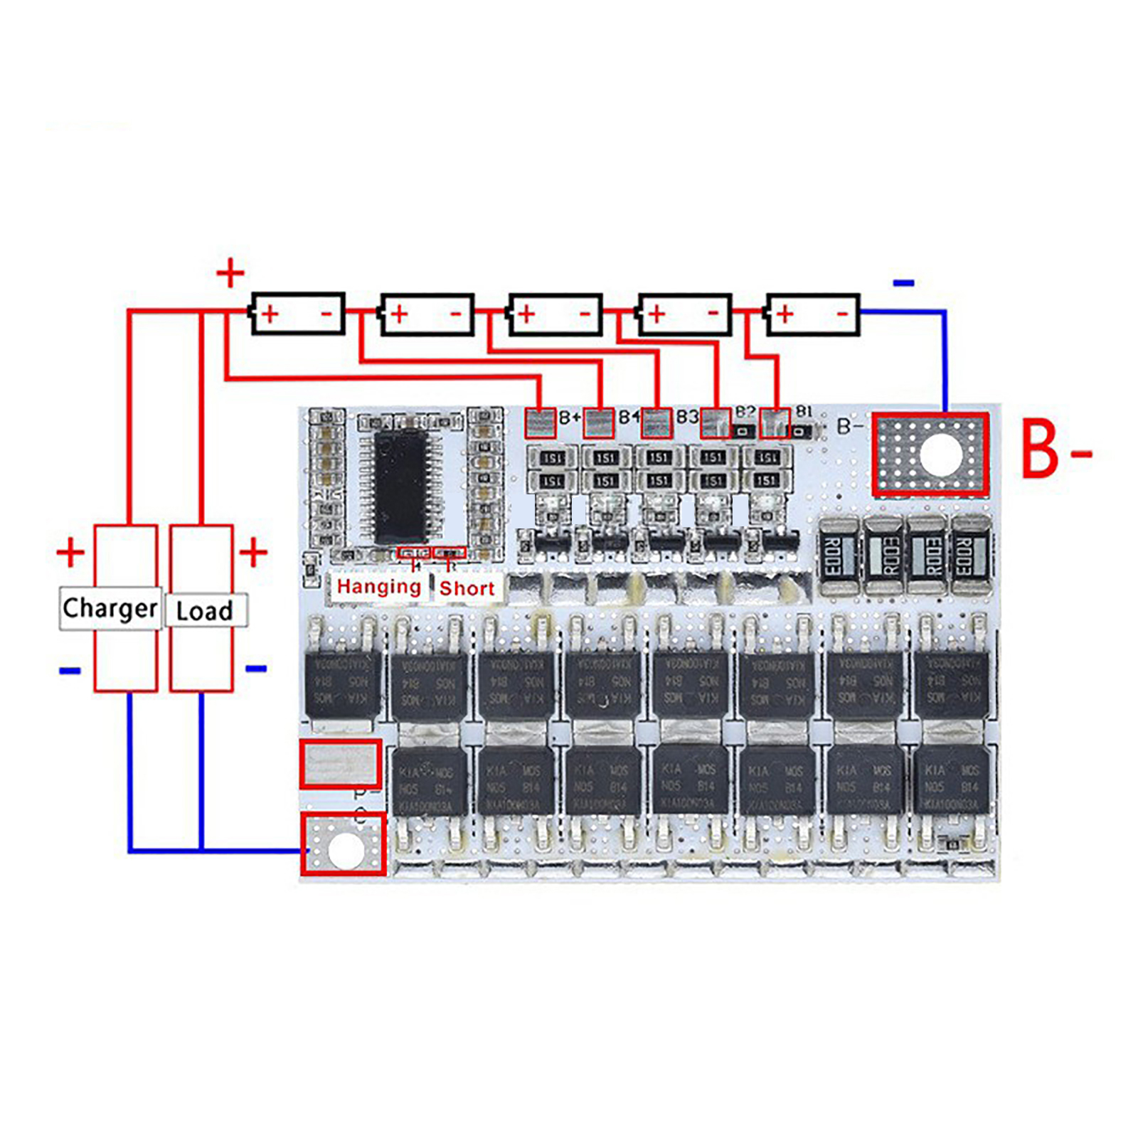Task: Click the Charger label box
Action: point(110,608)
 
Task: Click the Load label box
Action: point(206,610)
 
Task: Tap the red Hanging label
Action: point(378,587)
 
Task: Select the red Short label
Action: point(467,588)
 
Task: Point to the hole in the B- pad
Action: point(940,455)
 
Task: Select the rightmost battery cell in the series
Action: point(812,314)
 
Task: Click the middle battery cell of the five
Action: point(555,314)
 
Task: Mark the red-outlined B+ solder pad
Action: point(540,423)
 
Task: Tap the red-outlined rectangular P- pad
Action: point(340,764)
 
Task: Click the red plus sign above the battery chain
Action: point(230,273)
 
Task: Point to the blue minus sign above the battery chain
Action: point(903,283)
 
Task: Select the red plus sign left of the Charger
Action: point(70,553)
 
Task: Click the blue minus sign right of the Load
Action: point(256,669)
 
